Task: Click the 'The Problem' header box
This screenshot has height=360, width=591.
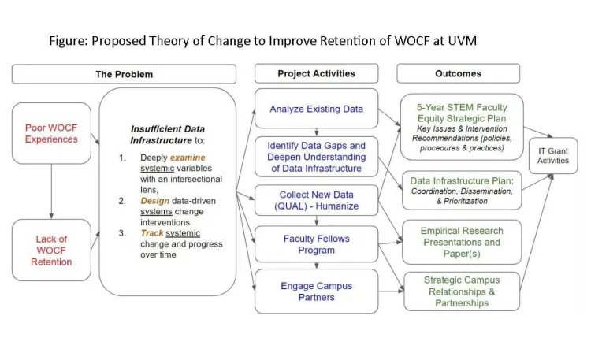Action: click(x=124, y=74)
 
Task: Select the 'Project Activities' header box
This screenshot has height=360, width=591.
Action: click(x=316, y=74)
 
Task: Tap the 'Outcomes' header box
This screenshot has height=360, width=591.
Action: click(x=458, y=74)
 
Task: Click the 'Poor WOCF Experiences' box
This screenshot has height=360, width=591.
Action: click(x=50, y=133)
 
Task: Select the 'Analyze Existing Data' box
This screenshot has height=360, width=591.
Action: click(x=316, y=109)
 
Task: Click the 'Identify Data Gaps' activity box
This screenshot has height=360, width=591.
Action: click(x=316, y=152)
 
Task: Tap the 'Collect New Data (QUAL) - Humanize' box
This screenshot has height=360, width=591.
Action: click(x=316, y=201)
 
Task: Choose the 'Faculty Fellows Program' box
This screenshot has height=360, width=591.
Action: click(x=316, y=244)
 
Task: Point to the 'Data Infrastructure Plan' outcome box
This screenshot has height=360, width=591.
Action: click(x=461, y=188)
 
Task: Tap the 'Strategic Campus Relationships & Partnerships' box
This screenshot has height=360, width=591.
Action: click(x=461, y=291)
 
